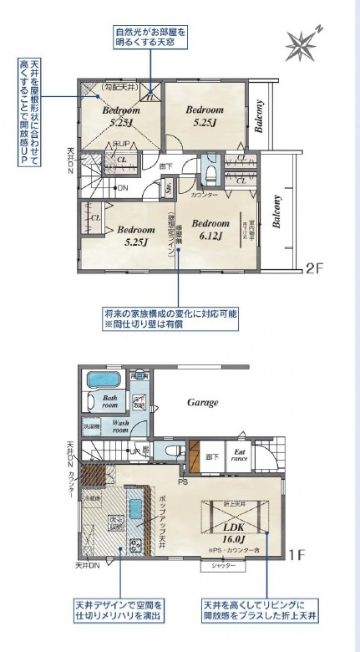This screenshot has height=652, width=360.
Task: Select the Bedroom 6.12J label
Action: click(x=210, y=230)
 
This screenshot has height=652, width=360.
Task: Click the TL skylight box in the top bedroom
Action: click(x=150, y=95)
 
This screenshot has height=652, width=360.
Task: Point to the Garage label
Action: click(x=202, y=402)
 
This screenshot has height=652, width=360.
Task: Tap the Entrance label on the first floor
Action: click(x=241, y=456)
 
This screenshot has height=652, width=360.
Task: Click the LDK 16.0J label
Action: click(x=232, y=534)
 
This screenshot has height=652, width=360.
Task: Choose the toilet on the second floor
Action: click(x=210, y=173)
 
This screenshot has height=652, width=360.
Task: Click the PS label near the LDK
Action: click(x=182, y=482)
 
